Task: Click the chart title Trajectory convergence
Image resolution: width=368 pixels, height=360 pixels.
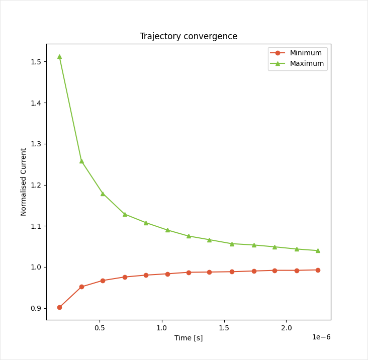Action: click(189, 36)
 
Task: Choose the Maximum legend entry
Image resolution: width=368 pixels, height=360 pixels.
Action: click(307, 63)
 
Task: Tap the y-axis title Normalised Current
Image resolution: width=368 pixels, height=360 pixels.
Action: click(24, 182)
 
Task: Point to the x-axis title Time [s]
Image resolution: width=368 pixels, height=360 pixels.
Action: click(189, 338)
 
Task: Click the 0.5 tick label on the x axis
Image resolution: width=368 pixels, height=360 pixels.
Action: click(100, 328)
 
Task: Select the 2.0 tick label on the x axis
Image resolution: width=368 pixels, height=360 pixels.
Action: click(286, 328)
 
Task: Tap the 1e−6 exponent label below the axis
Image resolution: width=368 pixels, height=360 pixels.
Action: click(321, 337)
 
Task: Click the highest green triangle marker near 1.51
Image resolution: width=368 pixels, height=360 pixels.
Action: click(59, 56)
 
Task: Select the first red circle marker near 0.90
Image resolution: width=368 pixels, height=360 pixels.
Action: click(59, 307)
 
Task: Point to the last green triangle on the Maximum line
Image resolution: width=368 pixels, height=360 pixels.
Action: click(318, 250)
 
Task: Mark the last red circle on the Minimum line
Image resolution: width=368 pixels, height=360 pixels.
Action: click(318, 270)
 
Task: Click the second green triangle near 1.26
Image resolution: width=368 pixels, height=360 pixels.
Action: click(81, 161)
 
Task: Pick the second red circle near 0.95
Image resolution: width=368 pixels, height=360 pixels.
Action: click(81, 287)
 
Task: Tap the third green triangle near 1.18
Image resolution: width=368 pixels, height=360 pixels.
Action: click(103, 194)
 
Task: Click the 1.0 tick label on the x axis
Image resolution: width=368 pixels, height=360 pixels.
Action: click(162, 328)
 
